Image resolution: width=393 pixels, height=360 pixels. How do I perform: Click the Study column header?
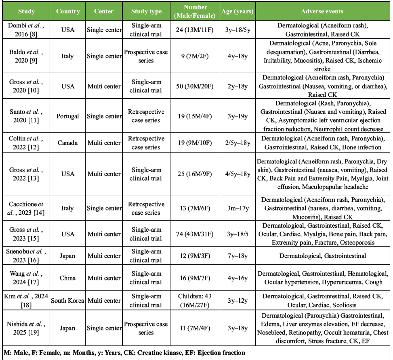click(x=27, y=11)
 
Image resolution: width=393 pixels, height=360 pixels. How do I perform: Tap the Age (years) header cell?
click(x=237, y=11)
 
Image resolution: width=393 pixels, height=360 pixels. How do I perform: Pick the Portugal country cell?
click(x=68, y=116)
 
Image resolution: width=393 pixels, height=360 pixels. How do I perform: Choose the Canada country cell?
click(x=68, y=143)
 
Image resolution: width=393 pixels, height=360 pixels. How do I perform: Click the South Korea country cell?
click(x=68, y=300)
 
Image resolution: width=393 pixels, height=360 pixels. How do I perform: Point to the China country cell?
click(x=68, y=278)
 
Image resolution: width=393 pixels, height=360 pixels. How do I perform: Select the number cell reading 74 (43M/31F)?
click(x=195, y=234)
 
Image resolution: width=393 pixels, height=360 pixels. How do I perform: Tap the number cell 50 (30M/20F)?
click(x=195, y=86)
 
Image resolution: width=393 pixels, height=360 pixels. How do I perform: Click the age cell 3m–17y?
click(x=237, y=208)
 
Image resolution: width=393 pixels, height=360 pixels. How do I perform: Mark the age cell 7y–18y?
click(x=237, y=256)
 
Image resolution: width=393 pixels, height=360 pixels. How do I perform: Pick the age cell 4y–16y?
click(x=237, y=278)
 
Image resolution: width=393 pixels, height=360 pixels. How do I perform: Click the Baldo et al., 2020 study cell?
click(x=27, y=56)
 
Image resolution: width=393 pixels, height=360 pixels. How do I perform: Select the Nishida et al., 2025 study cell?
click(x=27, y=328)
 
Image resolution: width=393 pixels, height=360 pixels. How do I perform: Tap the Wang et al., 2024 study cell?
click(x=27, y=278)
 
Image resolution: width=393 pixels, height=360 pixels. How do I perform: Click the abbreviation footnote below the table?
click(x=124, y=353)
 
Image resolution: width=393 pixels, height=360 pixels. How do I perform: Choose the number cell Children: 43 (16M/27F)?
click(x=195, y=300)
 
